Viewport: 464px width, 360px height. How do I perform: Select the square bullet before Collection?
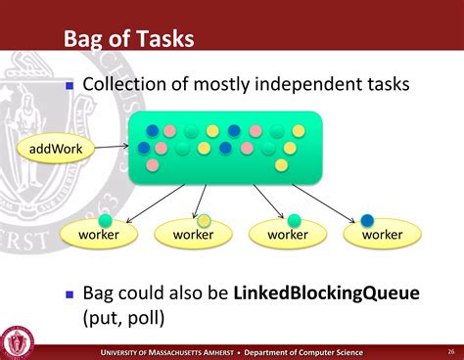pyautogui.click(x=70, y=85)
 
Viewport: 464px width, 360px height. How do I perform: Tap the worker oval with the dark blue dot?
pyautogui.click(x=382, y=235)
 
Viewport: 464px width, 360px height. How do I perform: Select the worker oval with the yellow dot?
pyautogui.click(x=193, y=235)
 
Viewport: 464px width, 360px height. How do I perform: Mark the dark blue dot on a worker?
pyautogui.click(x=367, y=220)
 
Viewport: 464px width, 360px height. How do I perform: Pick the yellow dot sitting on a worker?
pyautogui.click(x=203, y=220)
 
